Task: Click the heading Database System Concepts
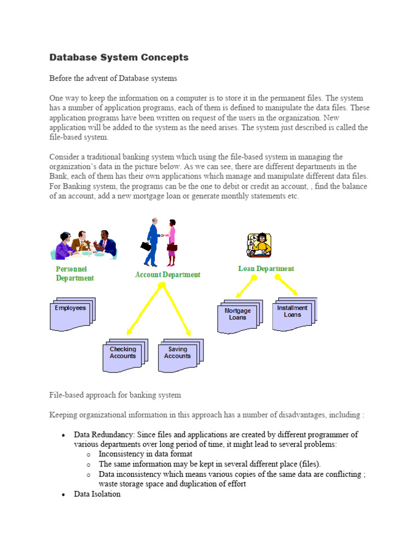119,57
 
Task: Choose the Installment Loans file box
293,313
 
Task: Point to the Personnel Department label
74,273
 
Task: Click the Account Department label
167,275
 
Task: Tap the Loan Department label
266,269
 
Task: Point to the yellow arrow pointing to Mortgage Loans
244,287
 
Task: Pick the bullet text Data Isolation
97,494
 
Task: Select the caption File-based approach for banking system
115,394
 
